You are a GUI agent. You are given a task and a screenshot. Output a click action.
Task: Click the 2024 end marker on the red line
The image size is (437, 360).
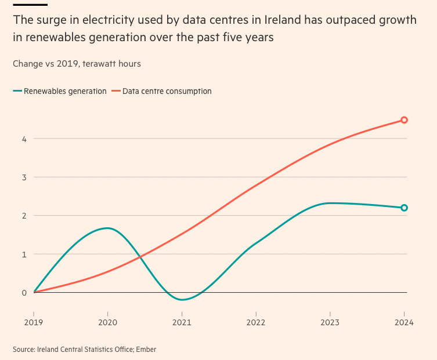click(405, 120)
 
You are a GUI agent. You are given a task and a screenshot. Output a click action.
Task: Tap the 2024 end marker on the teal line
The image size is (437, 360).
click(405, 208)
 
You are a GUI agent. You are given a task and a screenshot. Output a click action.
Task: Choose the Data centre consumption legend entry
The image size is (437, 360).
click(167, 91)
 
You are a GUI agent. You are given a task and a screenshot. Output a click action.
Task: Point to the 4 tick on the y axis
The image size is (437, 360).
click(24, 139)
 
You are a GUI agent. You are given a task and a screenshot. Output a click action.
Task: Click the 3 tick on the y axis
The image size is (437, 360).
click(24, 177)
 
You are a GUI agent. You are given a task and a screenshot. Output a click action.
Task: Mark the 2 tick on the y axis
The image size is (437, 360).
click(24, 216)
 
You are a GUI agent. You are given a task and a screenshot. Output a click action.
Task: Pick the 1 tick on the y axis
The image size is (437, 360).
click(24, 254)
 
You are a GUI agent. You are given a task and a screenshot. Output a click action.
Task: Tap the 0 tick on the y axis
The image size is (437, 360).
click(24, 292)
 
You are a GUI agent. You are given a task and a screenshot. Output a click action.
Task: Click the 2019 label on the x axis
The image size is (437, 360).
click(34, 323)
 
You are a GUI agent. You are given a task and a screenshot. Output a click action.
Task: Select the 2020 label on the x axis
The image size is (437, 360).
click(108, 323)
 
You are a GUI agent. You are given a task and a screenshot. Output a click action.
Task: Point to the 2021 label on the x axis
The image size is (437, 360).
click(182, 323)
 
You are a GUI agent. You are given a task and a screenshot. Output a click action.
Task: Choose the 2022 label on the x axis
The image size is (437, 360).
click(256, 323)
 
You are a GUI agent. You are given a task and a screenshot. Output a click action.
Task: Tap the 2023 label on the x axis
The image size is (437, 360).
click(330, 323)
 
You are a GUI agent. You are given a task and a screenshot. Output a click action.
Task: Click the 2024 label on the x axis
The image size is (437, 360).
click(404, 323)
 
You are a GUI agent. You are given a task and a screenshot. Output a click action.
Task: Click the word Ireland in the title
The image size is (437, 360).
click(283, 20)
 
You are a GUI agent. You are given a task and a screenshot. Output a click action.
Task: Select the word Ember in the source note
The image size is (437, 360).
click(146, 349)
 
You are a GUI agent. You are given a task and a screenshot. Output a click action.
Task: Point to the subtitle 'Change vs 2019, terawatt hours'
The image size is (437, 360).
click(77, 63)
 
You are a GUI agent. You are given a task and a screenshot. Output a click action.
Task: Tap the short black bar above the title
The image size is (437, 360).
click(26, 4)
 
